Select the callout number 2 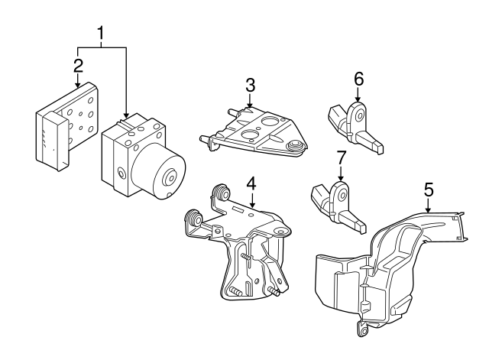click(78, 64)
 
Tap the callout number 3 click(250, 84)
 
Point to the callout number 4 click(250, 183)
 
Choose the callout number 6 click(358, 79)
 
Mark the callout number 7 click(342, 157)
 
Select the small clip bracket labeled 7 click(336, 203)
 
